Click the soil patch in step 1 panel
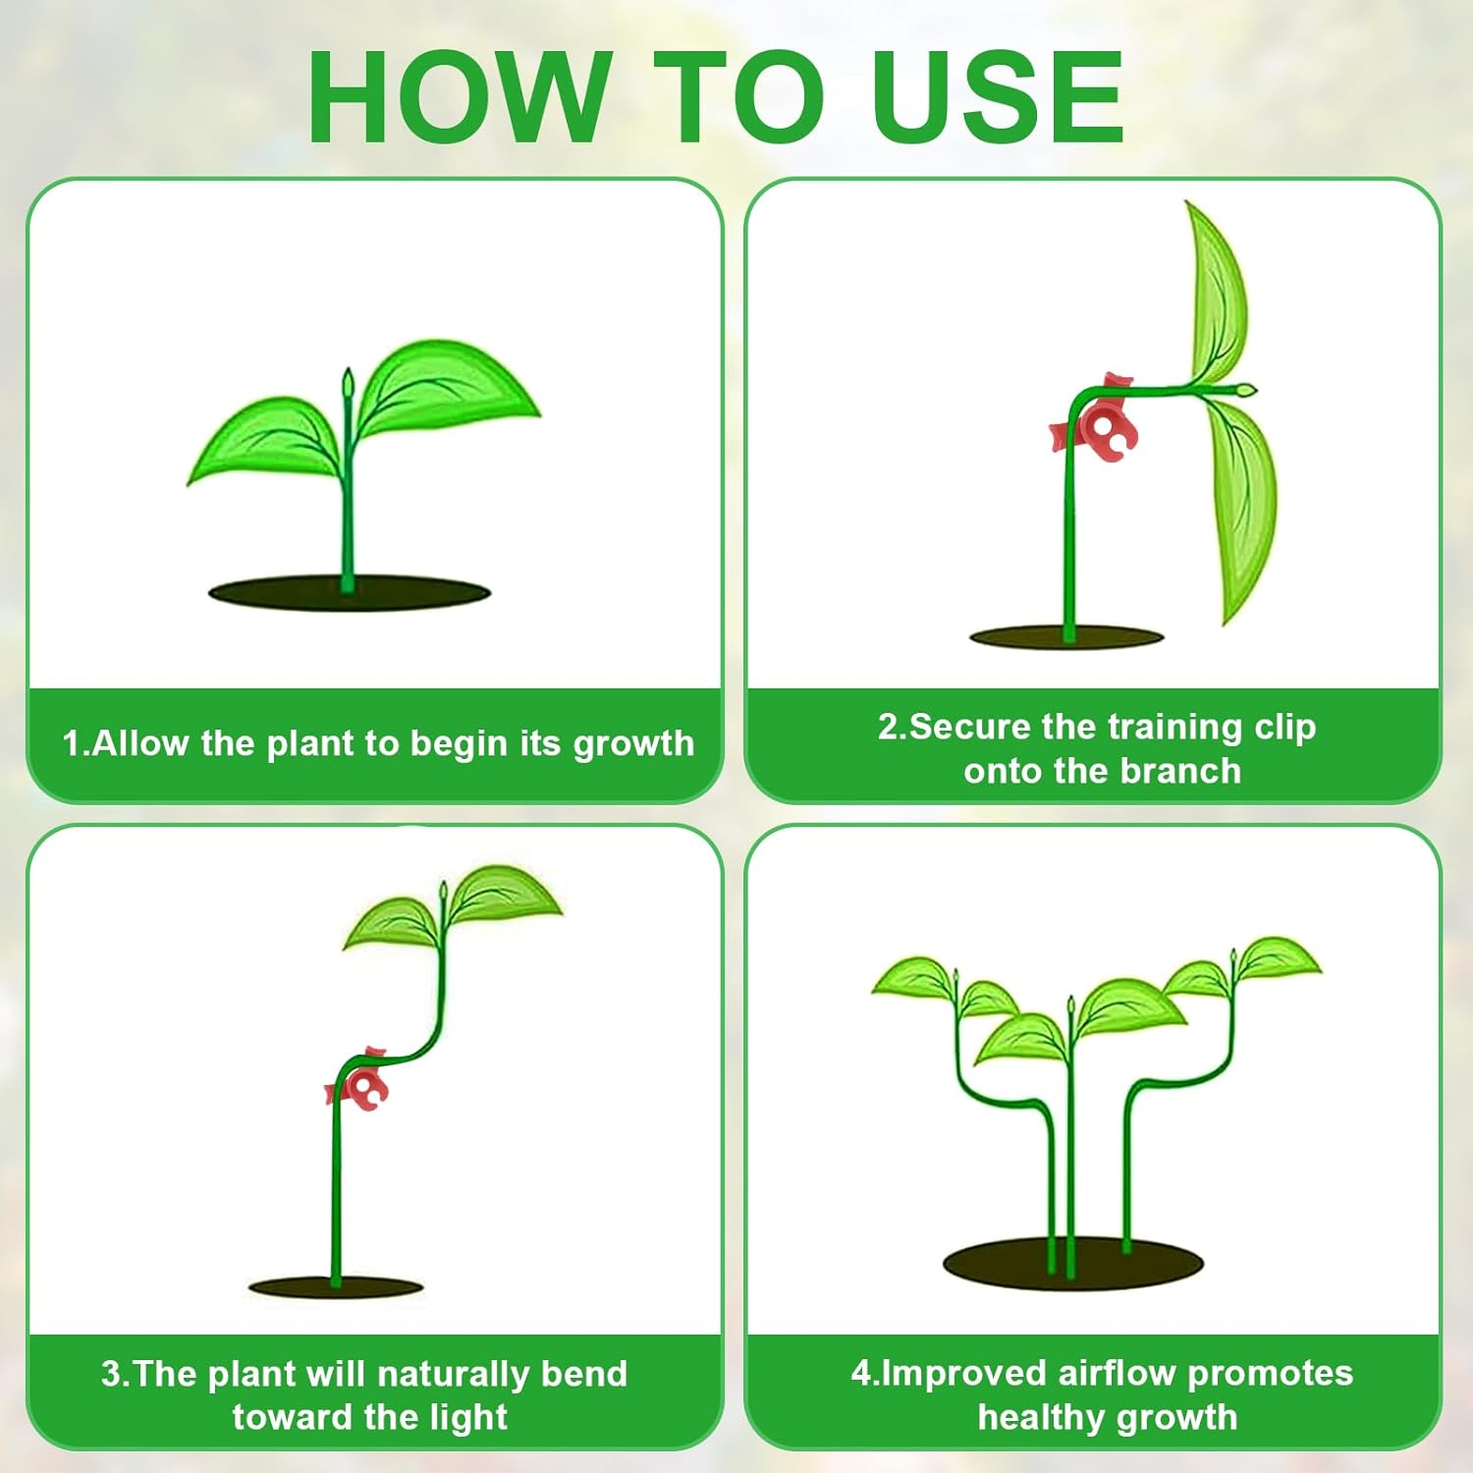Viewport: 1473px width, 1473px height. pos(349,593)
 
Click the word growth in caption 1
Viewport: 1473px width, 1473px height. pos(633,744)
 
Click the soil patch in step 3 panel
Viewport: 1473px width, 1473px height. pos(336,1286)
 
